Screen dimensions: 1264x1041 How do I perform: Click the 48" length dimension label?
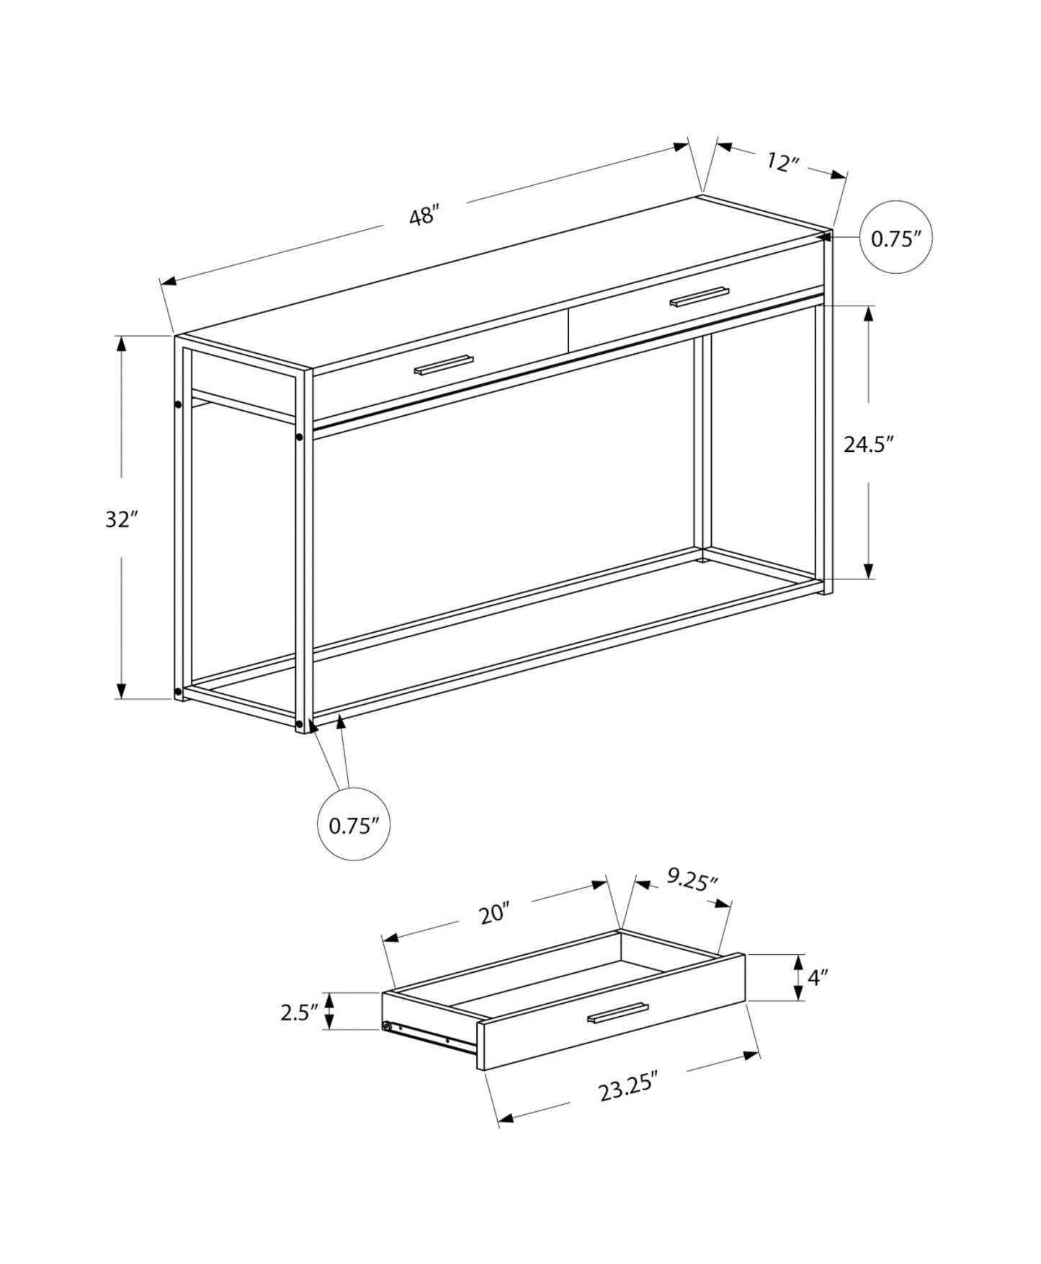tap(424, 215)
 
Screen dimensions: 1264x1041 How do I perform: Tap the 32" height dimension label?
tap(121, 519)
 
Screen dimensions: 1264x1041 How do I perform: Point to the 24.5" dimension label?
tap(869, 444)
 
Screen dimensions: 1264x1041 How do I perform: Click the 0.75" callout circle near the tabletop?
tap(896, 238)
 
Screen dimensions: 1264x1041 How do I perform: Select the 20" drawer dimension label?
tap(495, 914)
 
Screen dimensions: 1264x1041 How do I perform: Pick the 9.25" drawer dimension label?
tap(692, 880)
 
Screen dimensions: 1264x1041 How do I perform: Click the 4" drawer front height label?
tap(817, 978)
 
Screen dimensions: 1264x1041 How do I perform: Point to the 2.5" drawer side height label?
tap(299, 1012)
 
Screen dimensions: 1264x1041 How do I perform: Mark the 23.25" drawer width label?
tap(629, 1088)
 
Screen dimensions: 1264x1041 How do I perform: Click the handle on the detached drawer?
tap(617, 1012)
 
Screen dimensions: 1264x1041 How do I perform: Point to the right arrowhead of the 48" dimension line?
tap(680, 147)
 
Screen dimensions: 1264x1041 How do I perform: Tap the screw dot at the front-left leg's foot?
tap(299, 723)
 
